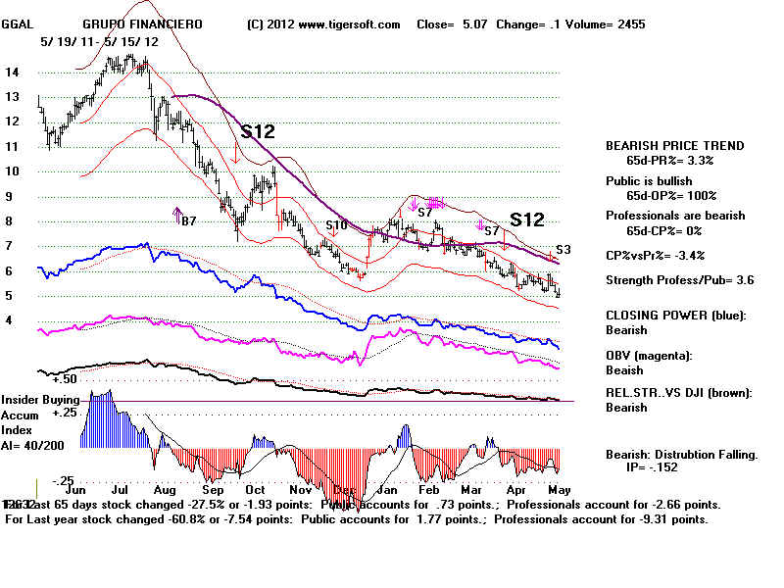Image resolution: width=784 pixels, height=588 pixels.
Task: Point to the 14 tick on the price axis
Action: coord(13,72)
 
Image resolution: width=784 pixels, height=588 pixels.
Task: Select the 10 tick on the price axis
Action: coord(13,171)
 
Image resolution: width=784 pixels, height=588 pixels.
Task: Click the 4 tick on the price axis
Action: coord(9,319)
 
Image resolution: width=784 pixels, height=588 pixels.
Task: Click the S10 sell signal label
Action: coord(336,225)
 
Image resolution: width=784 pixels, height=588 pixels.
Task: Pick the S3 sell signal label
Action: coord(563,250)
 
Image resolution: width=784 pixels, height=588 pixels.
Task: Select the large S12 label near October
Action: coord(258,130)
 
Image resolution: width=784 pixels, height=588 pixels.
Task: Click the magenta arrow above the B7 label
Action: coord(176,215)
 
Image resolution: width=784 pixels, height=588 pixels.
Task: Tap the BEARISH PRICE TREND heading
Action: coord(675,145)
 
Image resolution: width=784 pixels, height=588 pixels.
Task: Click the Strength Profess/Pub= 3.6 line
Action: coord(675,281)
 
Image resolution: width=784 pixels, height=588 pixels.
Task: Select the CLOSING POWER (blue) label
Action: coord(675,316)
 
